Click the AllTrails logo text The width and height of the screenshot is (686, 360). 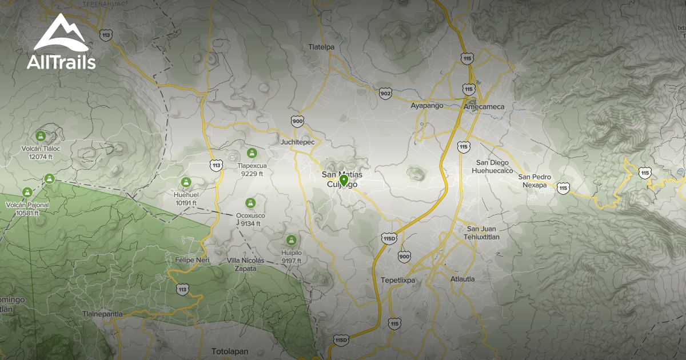click(x=61, y=62)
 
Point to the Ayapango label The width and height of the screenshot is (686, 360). click(x=427, y=106)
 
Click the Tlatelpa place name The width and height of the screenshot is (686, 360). click(x=321, y=47)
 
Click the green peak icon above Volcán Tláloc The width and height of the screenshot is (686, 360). click(x=41, y=136)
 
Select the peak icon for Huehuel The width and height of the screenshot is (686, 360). click(x=185, y=182)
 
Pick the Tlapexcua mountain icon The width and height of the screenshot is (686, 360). click(x=252, y=153)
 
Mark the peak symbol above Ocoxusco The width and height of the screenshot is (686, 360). click(x=250, y=203)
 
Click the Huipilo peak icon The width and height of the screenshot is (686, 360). click(x=291, y=239)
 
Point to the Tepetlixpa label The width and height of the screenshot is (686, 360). click(x=398, y=280)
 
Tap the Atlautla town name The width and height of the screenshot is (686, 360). click(x=462, y=279)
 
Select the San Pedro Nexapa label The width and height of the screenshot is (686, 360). click(x=535, y=181)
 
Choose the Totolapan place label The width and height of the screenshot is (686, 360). click(x=230, y=351)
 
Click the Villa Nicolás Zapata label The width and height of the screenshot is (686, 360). click(x=246, y=264)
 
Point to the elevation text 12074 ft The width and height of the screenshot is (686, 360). click(x=41, y=157)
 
